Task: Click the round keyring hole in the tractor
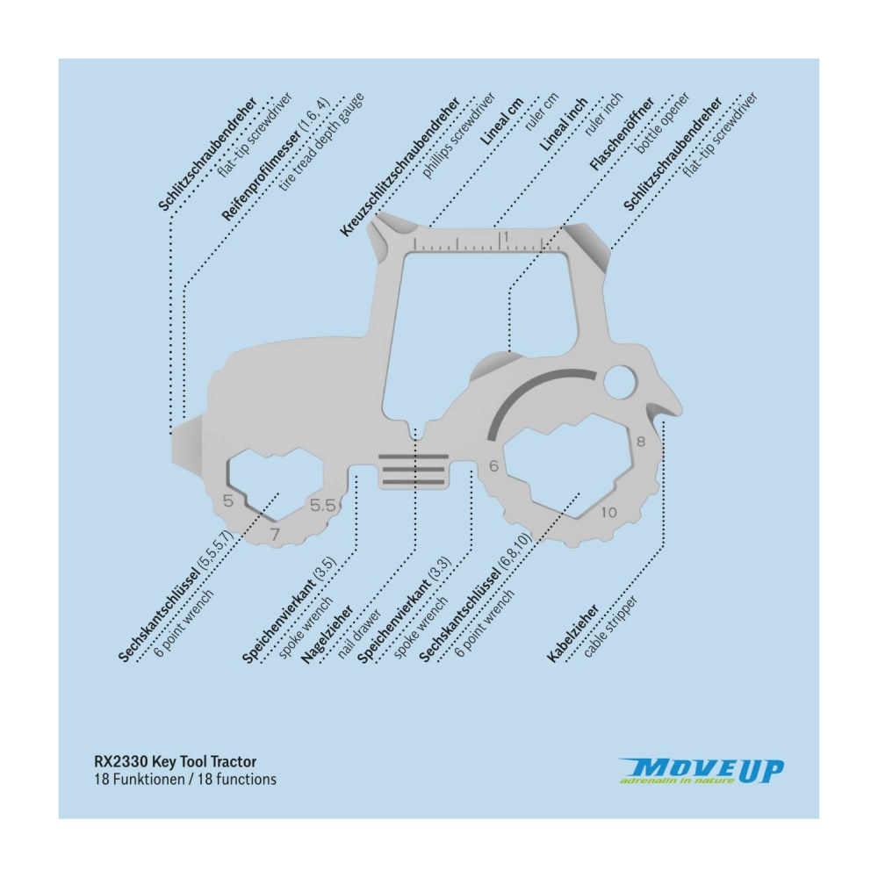pos(620,383)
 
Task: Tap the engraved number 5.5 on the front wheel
pos(322,507)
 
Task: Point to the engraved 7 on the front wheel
pos(274,534)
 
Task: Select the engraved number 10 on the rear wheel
pos(608,512)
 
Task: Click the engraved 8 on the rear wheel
pos(641,442)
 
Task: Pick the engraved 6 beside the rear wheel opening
pos(493,465)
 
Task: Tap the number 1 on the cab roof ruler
pos(506,237)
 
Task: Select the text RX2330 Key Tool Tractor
pos(176,761)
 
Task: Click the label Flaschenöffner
pos(623,133)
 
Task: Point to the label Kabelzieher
pos(572,633)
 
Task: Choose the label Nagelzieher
pos(327,635)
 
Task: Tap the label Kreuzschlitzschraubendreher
pos(399,166)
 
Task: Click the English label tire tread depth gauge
pos(321,141)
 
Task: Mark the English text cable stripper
pos(610,627)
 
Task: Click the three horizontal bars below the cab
pos(414,469)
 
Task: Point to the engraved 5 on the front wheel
pos(228,500)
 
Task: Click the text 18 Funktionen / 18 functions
pos(185,780)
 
